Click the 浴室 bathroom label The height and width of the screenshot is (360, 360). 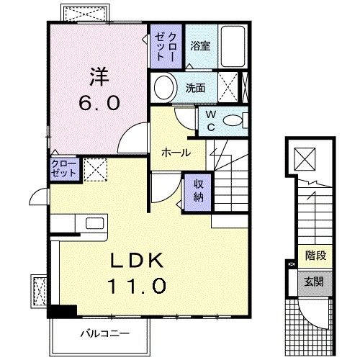(x=200, y=45)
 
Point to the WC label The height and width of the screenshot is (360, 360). (x=210, y=120)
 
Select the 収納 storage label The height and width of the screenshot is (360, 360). (x=198, y=189)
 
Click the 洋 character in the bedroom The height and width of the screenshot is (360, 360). (x=99, y=75)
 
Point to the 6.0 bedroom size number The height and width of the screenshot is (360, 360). (x=99, y=103)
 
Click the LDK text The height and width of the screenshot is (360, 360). (x=138, y=261)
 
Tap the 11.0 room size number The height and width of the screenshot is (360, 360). (x=138, y=286)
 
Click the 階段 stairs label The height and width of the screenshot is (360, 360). (x=315, y=254)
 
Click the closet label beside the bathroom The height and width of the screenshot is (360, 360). (x=166, y=45)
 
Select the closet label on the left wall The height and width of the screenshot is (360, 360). (x=63, y=170)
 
